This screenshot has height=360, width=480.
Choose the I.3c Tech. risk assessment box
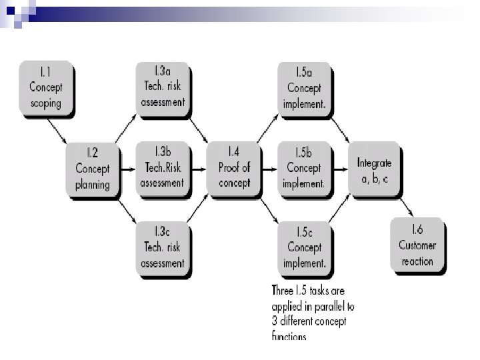(163, 247)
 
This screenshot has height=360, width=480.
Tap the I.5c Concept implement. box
(304, 247)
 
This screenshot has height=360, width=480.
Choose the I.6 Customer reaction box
(417, 245)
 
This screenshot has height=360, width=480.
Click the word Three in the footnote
(285, 290)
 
